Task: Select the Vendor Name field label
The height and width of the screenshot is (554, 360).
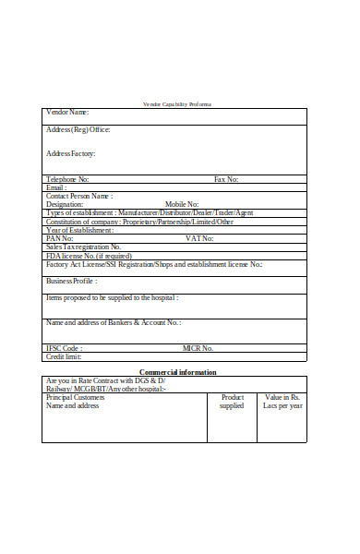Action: point(67,112)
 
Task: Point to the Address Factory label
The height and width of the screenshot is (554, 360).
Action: point(70,153)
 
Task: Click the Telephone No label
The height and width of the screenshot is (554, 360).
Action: point(67,179)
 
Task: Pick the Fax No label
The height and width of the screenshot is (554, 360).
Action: point(226,179)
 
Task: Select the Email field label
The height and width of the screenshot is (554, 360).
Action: point(57,187)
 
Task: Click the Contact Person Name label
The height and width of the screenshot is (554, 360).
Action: point(79,196)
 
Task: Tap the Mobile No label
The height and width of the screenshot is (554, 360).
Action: point(182,204)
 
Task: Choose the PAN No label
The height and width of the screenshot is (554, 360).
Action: point(60,238)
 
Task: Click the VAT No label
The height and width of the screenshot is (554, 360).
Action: point(199,238)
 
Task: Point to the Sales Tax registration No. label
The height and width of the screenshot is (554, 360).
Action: point(83,247)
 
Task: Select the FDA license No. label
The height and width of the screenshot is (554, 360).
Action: point(89,256)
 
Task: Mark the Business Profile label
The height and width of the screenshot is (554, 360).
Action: point(72,281)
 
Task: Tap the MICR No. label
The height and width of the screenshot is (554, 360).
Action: point(198,348)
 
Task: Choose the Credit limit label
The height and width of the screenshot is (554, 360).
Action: point(64,356)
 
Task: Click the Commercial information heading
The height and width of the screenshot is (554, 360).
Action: point(178,372)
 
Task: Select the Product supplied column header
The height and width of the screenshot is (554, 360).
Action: point(232,401)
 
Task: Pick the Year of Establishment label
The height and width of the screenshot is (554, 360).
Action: point(79,230)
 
